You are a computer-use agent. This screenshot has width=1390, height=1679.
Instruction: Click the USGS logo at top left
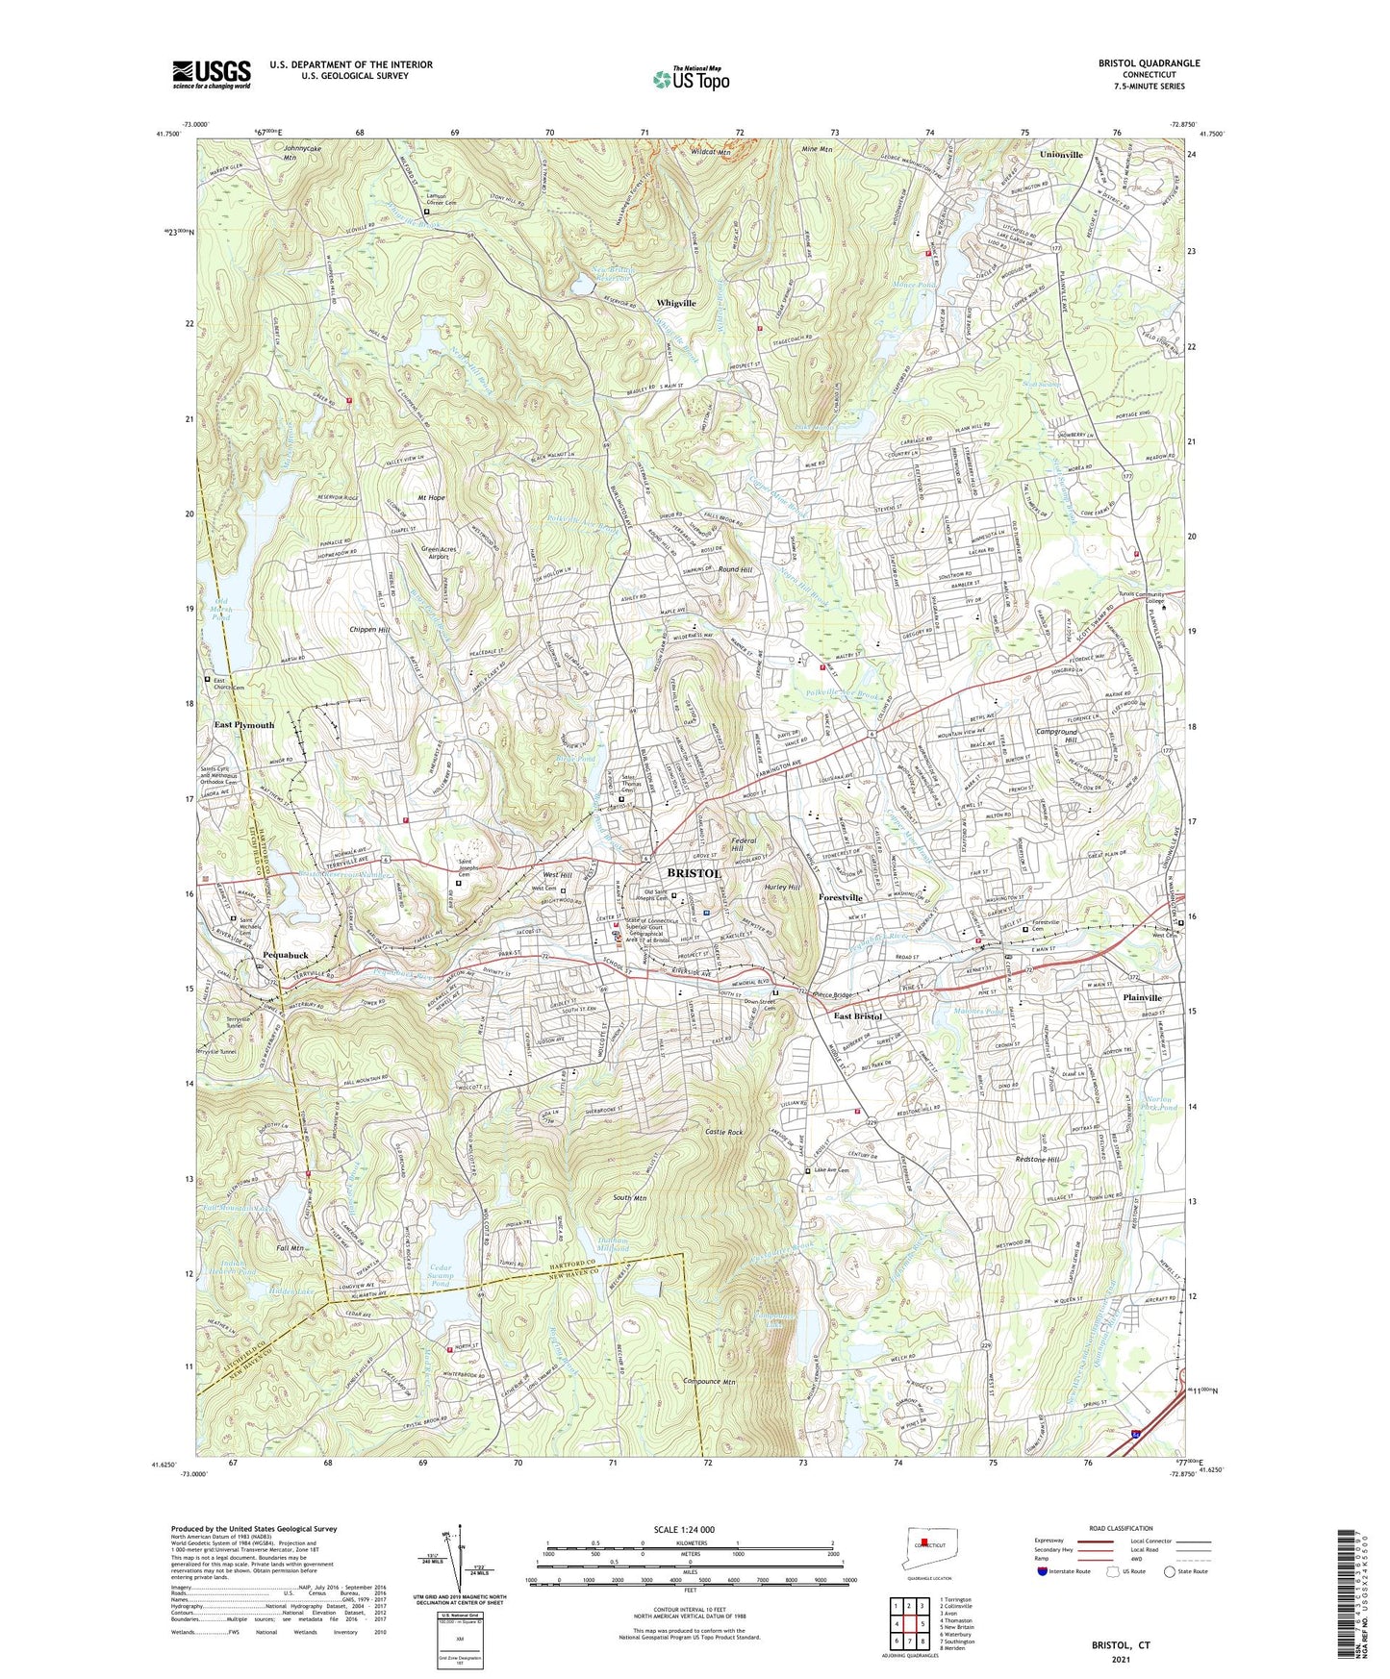tap(211, 73)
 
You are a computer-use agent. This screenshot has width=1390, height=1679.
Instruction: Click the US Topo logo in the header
tap(690, 78)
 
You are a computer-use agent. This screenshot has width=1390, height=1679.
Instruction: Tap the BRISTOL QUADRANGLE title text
tap(1149, 63)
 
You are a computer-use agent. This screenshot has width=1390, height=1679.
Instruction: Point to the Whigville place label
tap(675, 303)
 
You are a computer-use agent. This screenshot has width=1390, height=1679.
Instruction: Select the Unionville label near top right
tap(1061, 154)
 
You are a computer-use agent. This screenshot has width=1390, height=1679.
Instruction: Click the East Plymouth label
tap(243, 725)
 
